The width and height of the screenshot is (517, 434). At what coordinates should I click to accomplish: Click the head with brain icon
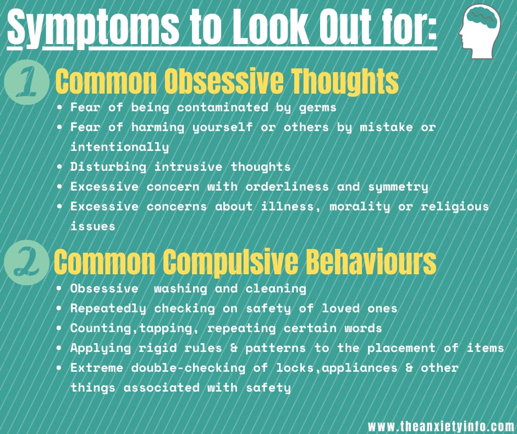pyautogui.click(x=480, y=31)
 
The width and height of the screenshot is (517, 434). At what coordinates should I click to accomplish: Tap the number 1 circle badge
pyautogui.click(x=27, y=82)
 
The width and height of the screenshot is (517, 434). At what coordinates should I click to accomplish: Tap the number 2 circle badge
pyautogui.click(x=27, y=263)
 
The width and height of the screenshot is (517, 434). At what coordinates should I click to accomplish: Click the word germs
pyautogui.click(x=317, y=108)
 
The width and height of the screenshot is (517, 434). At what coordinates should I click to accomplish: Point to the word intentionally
pyautogui.click(x=120, y=147)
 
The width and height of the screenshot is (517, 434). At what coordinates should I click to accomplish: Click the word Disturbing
pyautogui.click(x=108, y=167)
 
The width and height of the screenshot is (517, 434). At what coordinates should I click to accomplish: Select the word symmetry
pyautogui.click(x=398, y=187)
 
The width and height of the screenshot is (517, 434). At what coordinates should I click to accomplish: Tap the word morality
pyautogui.click(x=359, y=207)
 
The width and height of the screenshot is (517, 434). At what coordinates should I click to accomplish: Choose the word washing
pyautogui.click(x=180, y=289)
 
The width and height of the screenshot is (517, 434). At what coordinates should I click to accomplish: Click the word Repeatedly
pyautogui.click(x=108, y=308)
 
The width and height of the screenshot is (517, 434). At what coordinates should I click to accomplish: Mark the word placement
pyautogui.click(x=402, y=348)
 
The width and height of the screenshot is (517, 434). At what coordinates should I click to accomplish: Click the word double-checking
pyautogui.click(x=188, y=367)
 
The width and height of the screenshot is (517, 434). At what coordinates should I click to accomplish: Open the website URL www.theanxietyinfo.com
pyautogui.click(x=441, y=426)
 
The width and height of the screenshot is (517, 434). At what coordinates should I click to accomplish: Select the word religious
pyautogui.click(x=454, y=207)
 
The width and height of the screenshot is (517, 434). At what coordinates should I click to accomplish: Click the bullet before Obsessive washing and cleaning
pyautogui.click(x=59, y=289)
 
